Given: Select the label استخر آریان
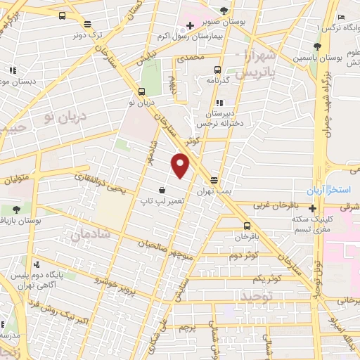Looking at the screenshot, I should (x=326, y=191).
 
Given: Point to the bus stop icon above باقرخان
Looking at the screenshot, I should (x=247, y=226).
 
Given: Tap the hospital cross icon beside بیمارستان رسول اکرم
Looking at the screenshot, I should (x=190, y=25).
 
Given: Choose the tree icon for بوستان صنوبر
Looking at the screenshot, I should (x=224, y=10).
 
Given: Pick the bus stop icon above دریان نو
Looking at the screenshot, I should (x=142, y=91).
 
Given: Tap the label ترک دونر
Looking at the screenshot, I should (x=90, y=34).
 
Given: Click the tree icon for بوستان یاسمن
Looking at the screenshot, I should (x=317, y=47).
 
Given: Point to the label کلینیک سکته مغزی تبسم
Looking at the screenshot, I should (x=314, y=224).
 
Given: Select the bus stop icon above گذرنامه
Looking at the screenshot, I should (x=217, y=70).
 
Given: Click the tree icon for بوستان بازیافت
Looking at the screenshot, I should (x=16, y=210).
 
